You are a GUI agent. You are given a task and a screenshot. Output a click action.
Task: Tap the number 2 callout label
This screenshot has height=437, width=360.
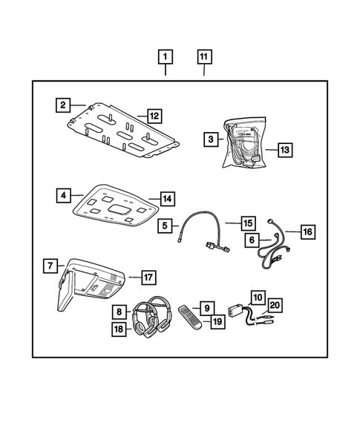pos(64,105)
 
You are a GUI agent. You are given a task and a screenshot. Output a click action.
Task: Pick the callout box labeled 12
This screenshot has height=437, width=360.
pos(154,116)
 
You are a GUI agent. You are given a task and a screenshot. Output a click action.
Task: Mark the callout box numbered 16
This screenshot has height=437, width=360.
pos(307,232)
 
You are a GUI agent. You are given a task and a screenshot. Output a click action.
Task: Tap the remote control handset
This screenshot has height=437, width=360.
pos(189,317)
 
